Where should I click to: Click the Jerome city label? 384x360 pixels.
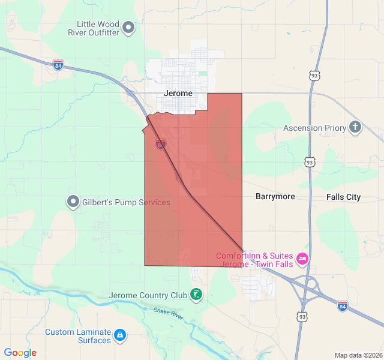[178, 94]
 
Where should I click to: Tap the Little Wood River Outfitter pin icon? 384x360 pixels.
[128, 28]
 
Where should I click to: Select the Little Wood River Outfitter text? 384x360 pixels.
[98, 28]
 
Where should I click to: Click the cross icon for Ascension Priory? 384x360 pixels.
[356, 127]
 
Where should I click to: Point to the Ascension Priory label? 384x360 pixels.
[315, 128]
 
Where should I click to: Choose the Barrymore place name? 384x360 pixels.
[275, 196]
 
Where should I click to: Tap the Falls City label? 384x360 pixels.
[344, 197]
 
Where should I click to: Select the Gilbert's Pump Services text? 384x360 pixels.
[127, 202]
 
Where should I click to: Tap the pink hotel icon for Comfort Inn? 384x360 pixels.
[302, 259]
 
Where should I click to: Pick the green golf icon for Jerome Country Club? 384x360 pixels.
[196, 295]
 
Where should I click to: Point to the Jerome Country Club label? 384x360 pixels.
[148, 295]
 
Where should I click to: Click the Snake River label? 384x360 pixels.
[168, 311]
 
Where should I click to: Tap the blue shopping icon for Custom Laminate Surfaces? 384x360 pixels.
[120, 335]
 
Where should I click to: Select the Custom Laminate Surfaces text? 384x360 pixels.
[78, 336]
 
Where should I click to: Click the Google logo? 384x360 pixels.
[20, 353]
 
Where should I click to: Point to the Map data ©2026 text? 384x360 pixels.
[358, 355]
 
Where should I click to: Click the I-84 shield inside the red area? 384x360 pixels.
[160, 144]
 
